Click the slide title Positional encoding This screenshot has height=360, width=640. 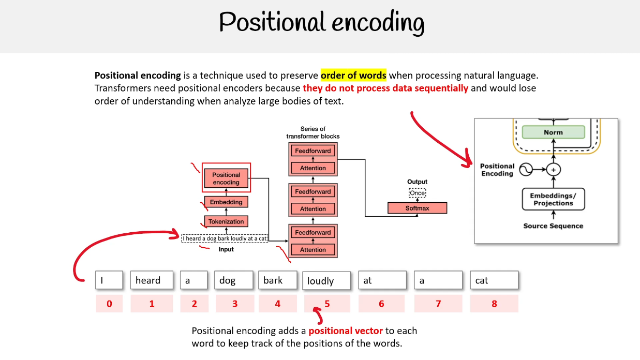point(321,23)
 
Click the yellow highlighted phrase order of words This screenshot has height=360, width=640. point(353,76)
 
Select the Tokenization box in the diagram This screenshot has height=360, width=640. point(226,221)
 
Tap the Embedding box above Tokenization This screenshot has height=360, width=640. point(226,202)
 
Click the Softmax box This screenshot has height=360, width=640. point(417,208)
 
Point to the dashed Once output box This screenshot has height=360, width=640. point(417,193)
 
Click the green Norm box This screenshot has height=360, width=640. point(553,132)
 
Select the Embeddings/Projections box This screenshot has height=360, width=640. point(553,199)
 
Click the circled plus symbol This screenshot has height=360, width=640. point(553,169)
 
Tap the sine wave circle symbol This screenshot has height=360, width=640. point(527,169)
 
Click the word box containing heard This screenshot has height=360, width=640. point(152,280)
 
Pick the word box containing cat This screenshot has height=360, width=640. point(494,280)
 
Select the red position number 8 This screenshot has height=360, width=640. point(494,304)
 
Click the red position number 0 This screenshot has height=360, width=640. point(109,304)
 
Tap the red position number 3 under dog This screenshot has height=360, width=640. point(235,304)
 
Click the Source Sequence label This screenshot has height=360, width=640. point(553,226)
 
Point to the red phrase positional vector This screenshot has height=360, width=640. point(345,331)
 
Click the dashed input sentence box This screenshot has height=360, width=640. point(225,238)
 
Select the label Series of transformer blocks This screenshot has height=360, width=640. point(313,132)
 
